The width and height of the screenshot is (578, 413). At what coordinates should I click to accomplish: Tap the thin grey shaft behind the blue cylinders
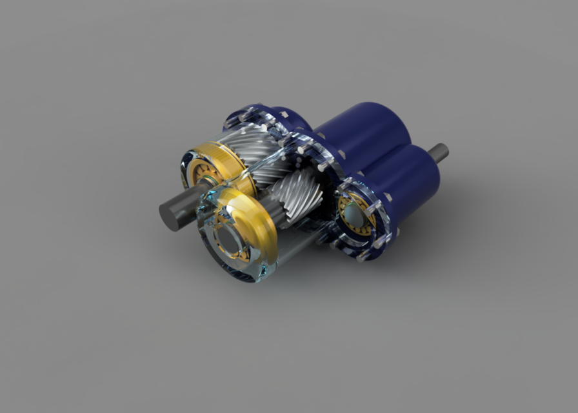click(x=439, y=153)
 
